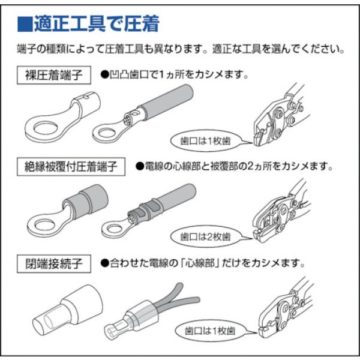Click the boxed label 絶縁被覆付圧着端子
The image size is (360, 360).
click(x=71, y=164)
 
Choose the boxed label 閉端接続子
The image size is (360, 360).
click(x=55, y=263)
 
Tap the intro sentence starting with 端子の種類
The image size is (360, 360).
click(x=180, y=49)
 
